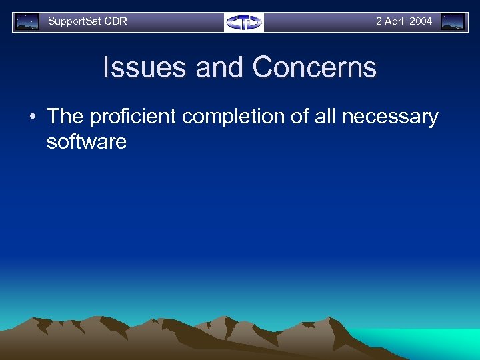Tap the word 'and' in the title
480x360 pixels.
(x=220, y=68)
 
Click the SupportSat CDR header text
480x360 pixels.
(x=87, y=21)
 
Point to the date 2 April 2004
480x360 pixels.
(x=403, y=21)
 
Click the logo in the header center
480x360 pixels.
(x=244, y=22)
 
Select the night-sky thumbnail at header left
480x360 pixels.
(x=27, y=22)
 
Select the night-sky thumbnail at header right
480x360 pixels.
(x=453, y=22)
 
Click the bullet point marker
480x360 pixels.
(x=32, y=117)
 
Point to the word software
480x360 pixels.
(x=86, y=141)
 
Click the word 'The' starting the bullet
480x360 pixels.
(x=65, y=117)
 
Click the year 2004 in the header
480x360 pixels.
(x=421, y=21)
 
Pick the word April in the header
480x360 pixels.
(x=396, y=21)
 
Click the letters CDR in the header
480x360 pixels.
(x=116, y=21)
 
